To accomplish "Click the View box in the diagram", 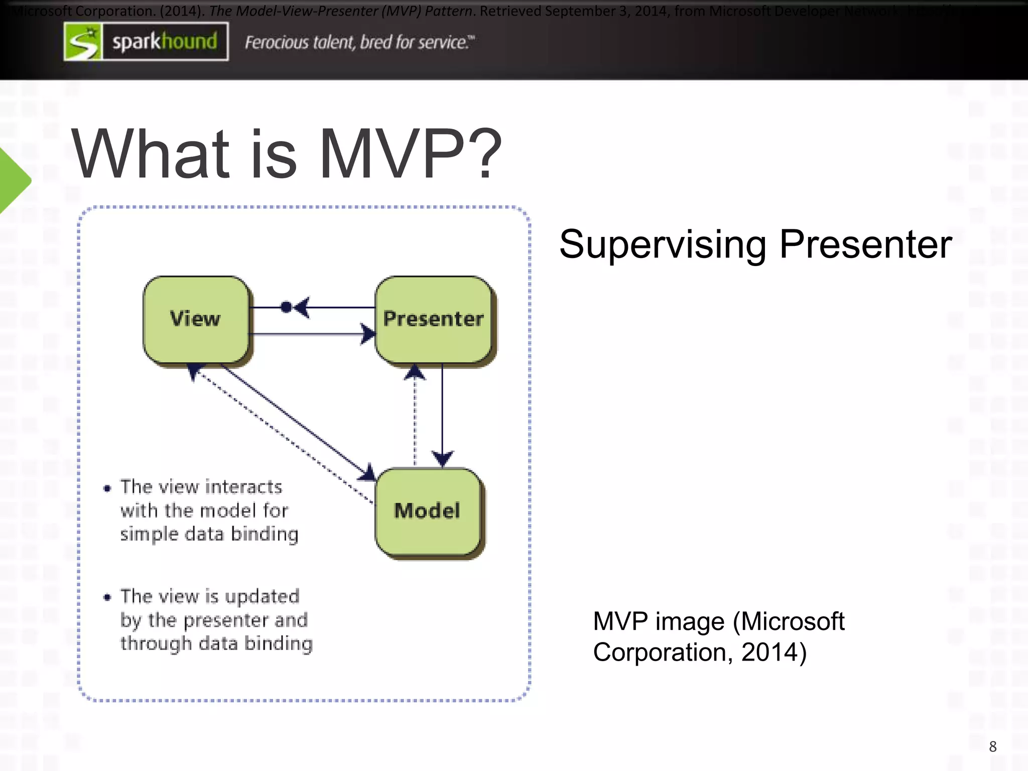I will pyautogui.click(x=196, y=319).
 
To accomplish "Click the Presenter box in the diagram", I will pyautogui.click(x=433, y=319).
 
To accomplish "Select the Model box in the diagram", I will pyautogui.click(x=428, y=511).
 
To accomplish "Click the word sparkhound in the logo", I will pyautogui.click(x=165, y=42).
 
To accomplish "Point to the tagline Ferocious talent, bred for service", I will pyautogui.click(x=358, y=43).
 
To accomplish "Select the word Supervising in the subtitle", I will pyautogui.click(x=663, y=245).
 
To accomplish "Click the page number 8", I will pyautogui.click(x=992, y=746).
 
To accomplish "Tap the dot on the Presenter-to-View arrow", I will pyautogui.click(x=286, y=307).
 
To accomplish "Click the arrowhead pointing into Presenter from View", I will pyautogui.click(x=368, y=334).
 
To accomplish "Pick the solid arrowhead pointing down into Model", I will pyautogui.click(x=442, y=458).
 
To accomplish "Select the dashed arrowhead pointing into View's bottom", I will pyautogui.click(x=194, y=371).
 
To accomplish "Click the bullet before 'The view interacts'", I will pyautogui.click(x=107, y=488).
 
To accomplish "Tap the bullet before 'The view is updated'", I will pyautogui.click(x=107, y=597).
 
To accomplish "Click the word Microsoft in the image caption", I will pyautogui.click(x=793, y=621).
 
